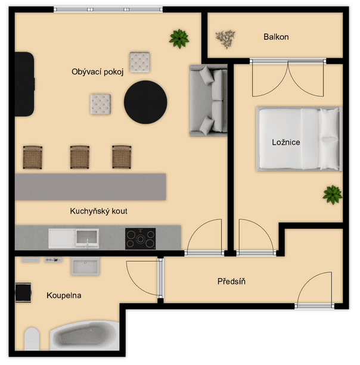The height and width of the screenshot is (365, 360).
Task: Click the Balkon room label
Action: pyautogui.click(x=276, y=37)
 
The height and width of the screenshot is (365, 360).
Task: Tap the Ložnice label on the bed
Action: pyautogui.click(x=286, y=142)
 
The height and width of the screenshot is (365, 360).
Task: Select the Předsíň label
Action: pyautogui.click(x=231, y=281)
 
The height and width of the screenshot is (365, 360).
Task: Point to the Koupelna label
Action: pyautogui.click(x=64, y=295)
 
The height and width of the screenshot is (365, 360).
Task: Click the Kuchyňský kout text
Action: pyautogui.click(x=98, y=211)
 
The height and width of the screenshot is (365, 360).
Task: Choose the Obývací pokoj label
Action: pyautogui.click(x=97, y=71)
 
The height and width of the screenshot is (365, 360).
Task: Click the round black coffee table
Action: pyautogui.click(x=145, y=102)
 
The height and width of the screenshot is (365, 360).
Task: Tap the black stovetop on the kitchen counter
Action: pyautogui.click(x=140, y=239)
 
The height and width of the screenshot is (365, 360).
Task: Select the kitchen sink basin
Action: pyautogui.click(x=86, y=238)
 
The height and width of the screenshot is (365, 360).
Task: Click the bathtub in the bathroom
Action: pyautogui.click(x=85, y=336)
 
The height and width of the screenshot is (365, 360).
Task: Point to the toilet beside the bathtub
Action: pyautogui.click(x=32, y=339)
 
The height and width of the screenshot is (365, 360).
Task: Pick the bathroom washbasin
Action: pyautogui.click(x=85, y=266)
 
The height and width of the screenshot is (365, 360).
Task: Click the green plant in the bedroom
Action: pyautogui.click(x=333, y=195)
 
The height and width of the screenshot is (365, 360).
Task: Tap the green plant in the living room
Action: pyautogui.click(x=179, y=39)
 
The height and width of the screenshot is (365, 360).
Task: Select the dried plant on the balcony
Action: pyautogui.click(x=225, y=39)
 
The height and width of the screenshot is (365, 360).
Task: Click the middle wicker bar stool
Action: pyautogui.click(x=80, y=157)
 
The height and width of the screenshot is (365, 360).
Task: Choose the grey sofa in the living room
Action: pyautogui.click(x=208, y=100)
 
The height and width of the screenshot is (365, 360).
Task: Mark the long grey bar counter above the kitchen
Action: pyautogui.click(x=91, y=187)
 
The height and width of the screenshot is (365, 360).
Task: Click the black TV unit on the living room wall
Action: pyautogui.click(x=24, y=84)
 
